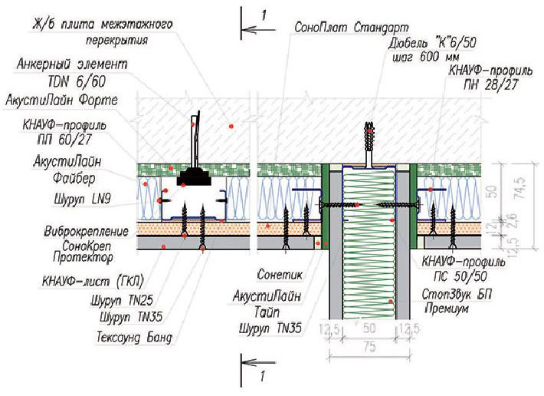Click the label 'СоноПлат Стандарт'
(x=351, y=27)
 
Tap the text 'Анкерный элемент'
(x=72, y=64)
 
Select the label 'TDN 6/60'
(x=77, y=81)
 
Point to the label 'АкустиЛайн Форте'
(x=62, y=101)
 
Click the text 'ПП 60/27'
(x=64, y=140)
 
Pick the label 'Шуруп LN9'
(x=83, y=200)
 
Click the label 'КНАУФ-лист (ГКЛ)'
(x=93, y=282)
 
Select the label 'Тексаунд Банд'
(x=134, y=337)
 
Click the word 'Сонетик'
(x=280, y=275)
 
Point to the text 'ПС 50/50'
(x=460, y=276)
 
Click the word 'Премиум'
(x=447, y=309)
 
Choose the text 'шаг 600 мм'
(x=426, y=57)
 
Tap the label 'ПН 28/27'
(x=490, y=84)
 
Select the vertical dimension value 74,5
(x=521, y=187)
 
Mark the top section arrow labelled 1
(x=258, y=30)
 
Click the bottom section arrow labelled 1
(x=258, y=363)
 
